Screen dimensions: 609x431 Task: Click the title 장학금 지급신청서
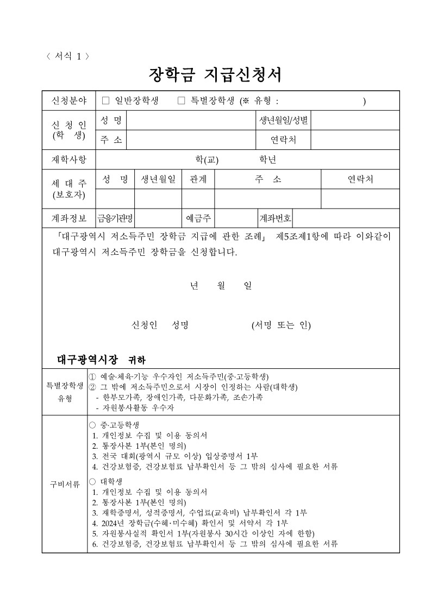point(215,74)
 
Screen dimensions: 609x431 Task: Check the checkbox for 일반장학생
point(106,101)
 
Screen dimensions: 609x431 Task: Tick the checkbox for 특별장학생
point(182,101)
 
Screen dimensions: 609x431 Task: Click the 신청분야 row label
point(68,101)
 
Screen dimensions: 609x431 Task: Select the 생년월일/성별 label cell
point(283,120)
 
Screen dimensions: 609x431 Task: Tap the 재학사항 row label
point(68,159)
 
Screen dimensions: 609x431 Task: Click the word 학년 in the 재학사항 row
point(268,159)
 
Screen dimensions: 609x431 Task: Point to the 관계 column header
point(198,179)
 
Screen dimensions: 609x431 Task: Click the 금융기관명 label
point(115,218)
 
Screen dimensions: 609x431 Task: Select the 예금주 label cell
point(198,218)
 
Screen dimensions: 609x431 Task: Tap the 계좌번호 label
point(276,218)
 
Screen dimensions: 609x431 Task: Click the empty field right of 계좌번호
point(346,218)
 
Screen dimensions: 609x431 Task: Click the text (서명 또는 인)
point(281,325)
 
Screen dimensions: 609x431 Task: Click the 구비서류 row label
point(65,484)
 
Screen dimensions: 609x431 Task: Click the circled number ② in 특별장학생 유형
point(92,387)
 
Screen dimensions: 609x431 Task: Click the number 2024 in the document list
point(110,523)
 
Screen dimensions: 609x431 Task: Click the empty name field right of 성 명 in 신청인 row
point(191,120)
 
